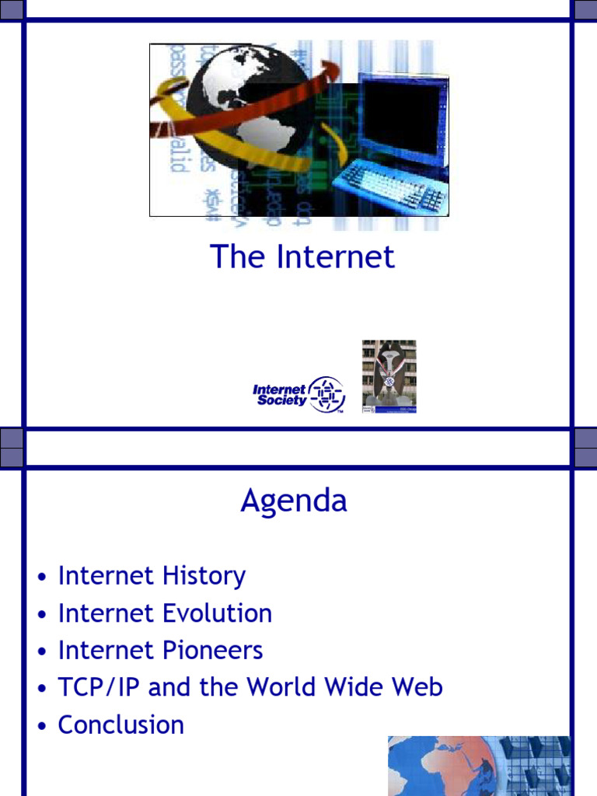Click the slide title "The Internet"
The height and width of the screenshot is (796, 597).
click(302, 257)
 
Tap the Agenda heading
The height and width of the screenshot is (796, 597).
click(294, 501)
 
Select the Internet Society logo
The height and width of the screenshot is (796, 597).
click(298, 394)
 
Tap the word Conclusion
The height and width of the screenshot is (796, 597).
click(120, 725)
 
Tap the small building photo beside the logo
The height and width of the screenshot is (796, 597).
click(389, 376)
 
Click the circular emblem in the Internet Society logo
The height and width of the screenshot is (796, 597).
click(326, 394)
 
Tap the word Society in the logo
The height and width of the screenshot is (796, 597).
click(281, 401)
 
